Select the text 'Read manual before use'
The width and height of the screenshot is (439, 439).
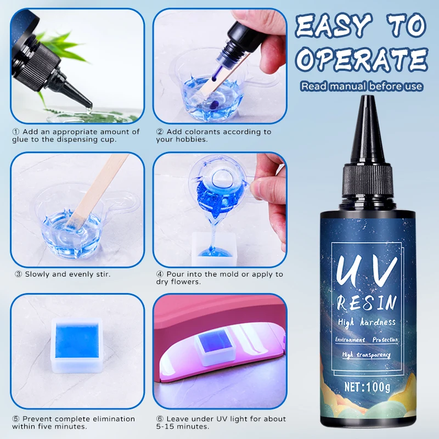tap(362, 86)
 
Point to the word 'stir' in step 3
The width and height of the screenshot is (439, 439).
tap(100, 274)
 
